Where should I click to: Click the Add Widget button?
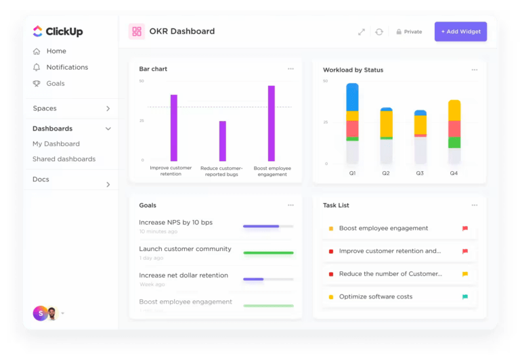[x=460, y=32]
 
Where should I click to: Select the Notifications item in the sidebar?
[x=66, y=67]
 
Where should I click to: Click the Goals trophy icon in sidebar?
[x=37, y=83]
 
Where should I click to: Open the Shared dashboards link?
[x=64, y=159]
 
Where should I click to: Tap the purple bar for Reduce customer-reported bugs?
[x=222, y=141]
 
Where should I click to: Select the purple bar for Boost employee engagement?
[x=271, y=123]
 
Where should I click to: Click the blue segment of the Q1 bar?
[x=352, y=97]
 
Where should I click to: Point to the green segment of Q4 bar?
[x=454, y=143]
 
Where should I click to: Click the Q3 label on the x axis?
[x=420, y=173]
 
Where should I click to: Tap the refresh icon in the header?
[x=379, y=32]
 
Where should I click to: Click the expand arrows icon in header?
[x=362, y=32]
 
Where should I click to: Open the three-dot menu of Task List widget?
[x=475, y=205]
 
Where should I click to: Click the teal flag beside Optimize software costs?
[x=465, y=296]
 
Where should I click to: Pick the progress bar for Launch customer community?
[x=268, y=252]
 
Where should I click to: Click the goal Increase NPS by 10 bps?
[x=175, y=222]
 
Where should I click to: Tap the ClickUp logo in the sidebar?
[x=58, y=31]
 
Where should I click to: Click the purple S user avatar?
[x=39, y=313]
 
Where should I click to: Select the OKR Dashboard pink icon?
[x=137, y=31]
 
